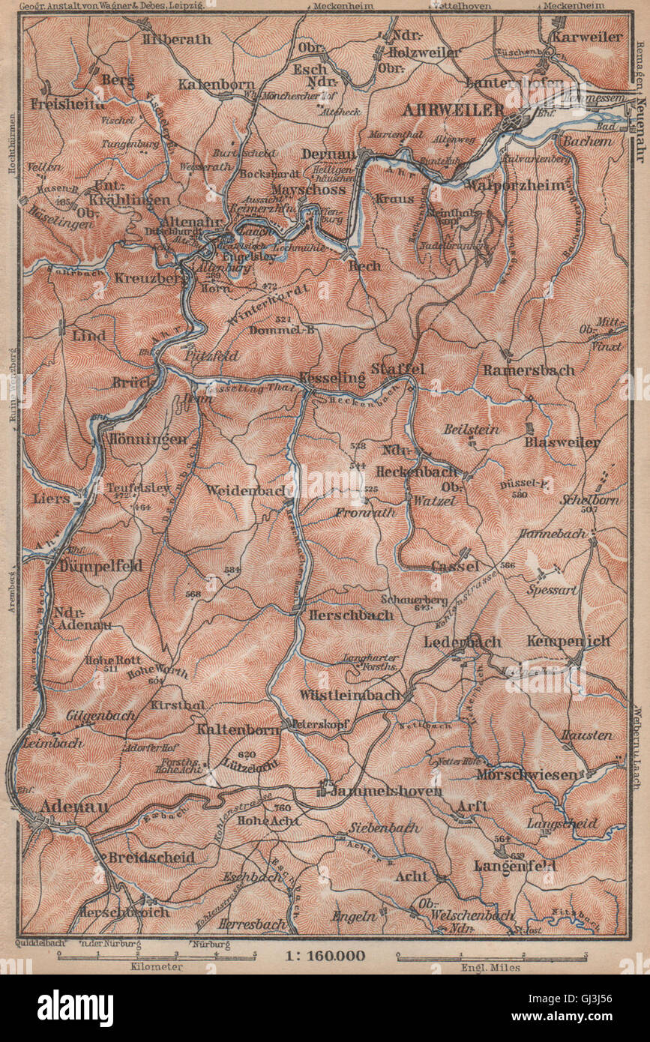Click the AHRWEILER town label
(x=453, y=109)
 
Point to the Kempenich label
(x=568, y=641)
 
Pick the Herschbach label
(x=351, y=614)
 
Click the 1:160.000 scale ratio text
(x=325, y=955)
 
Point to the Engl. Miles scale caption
(x=491, y=967)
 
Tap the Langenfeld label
(x=514, y=865)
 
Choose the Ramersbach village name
(x=529, y=370)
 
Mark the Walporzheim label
(x=515, y=185)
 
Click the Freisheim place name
(x=68, y=104)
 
